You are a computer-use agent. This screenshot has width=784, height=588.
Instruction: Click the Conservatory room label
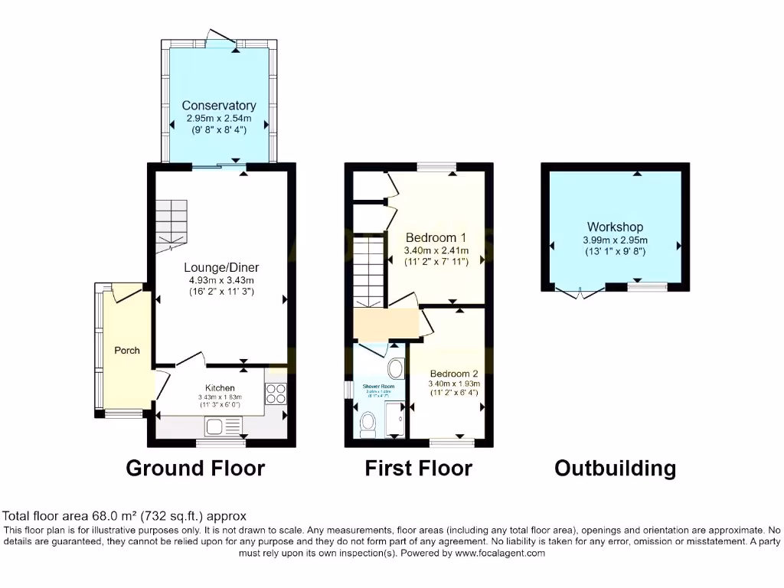pos(219,106)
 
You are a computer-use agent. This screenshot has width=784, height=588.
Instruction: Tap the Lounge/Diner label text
pos(221,267)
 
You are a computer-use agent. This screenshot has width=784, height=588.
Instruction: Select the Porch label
pos(127,350)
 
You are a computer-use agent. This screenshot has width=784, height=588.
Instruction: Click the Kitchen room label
pos(220,388)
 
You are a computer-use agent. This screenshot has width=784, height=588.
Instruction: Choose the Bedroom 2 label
pos(453,373)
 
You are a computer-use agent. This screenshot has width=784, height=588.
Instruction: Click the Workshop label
pos(615,227)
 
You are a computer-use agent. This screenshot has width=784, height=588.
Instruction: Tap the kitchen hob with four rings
pos(276,393)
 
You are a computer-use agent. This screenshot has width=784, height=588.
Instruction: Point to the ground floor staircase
pos(171,223)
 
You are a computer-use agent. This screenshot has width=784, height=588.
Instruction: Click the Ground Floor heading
pos(195,468)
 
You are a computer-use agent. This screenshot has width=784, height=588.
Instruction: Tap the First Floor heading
pos(418,468)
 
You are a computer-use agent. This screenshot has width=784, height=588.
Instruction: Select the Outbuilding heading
pos(615,468)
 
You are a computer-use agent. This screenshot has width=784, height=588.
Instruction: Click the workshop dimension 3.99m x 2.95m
pos(615,240)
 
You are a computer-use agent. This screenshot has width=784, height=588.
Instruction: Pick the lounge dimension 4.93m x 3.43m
pos(221,280)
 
